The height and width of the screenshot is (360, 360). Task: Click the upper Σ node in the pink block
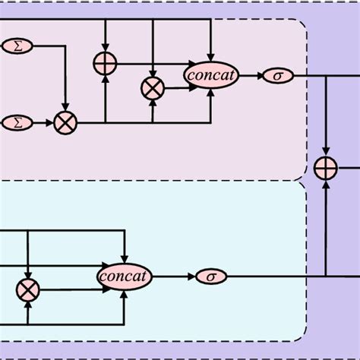16,46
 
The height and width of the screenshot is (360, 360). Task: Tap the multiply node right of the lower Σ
65,122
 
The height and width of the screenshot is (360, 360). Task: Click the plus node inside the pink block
106,65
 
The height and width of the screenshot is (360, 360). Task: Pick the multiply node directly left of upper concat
153,89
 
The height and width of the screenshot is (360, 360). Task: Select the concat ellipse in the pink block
211,74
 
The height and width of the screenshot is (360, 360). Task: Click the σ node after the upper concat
277,75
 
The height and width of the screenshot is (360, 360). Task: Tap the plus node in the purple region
326,168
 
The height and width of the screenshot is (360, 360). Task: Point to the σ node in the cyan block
211,276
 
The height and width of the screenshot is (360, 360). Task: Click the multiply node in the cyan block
28,289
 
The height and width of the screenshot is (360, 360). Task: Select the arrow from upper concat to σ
250,75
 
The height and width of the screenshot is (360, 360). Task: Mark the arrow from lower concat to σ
173,276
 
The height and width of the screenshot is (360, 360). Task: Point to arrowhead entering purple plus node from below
326,184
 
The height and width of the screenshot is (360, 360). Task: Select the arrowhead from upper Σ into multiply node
65,107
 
